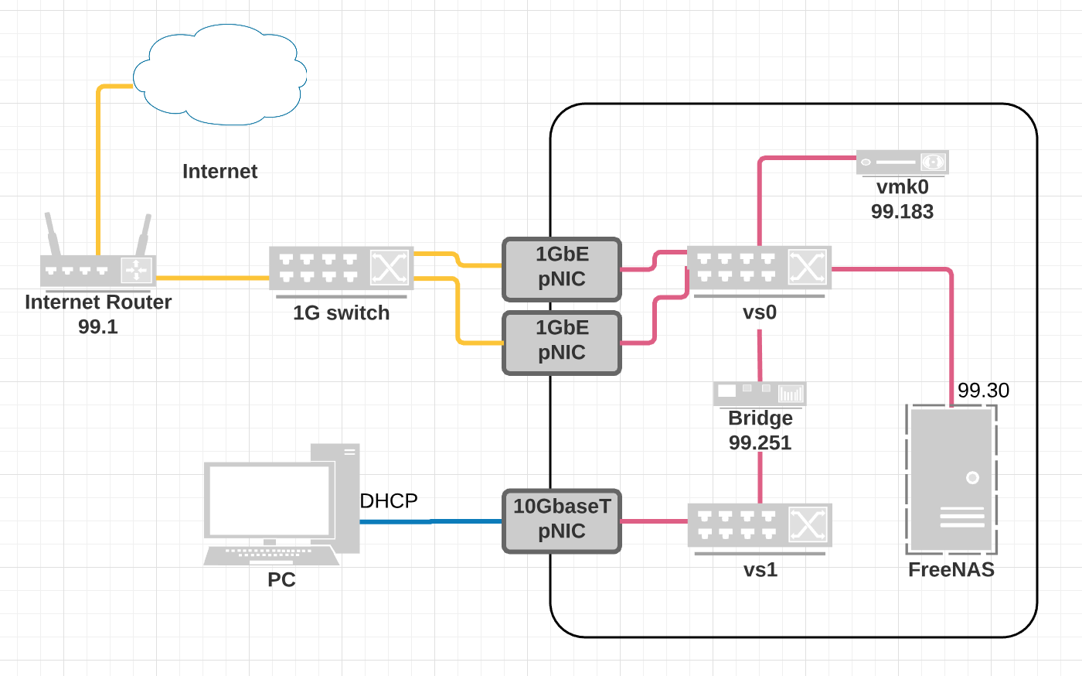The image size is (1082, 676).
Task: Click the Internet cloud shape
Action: (x=220, y=75)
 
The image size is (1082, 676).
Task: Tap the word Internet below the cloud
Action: (x=219, y=172)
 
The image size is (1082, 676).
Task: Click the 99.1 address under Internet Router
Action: (x=98, y=327)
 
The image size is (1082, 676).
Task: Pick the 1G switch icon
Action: (x=341, y=268)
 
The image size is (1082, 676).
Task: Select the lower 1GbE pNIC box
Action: (x=562, y=342)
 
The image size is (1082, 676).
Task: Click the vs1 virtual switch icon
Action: (x=759, y=526)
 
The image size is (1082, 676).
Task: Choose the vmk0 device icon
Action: (x=902, y=162)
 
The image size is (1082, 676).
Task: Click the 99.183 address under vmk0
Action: (x=902, y=212)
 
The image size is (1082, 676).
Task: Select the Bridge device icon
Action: (x=760, y=394)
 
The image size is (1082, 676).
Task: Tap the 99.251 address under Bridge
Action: (x=760, y=443)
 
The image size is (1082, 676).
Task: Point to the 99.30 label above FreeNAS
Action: (x=983, y=391)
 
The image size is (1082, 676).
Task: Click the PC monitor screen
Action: (x=269, y=499)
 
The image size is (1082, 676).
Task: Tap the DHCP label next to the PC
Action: (x=389, y=501)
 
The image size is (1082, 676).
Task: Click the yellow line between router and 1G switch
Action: (x=213, y=277)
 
